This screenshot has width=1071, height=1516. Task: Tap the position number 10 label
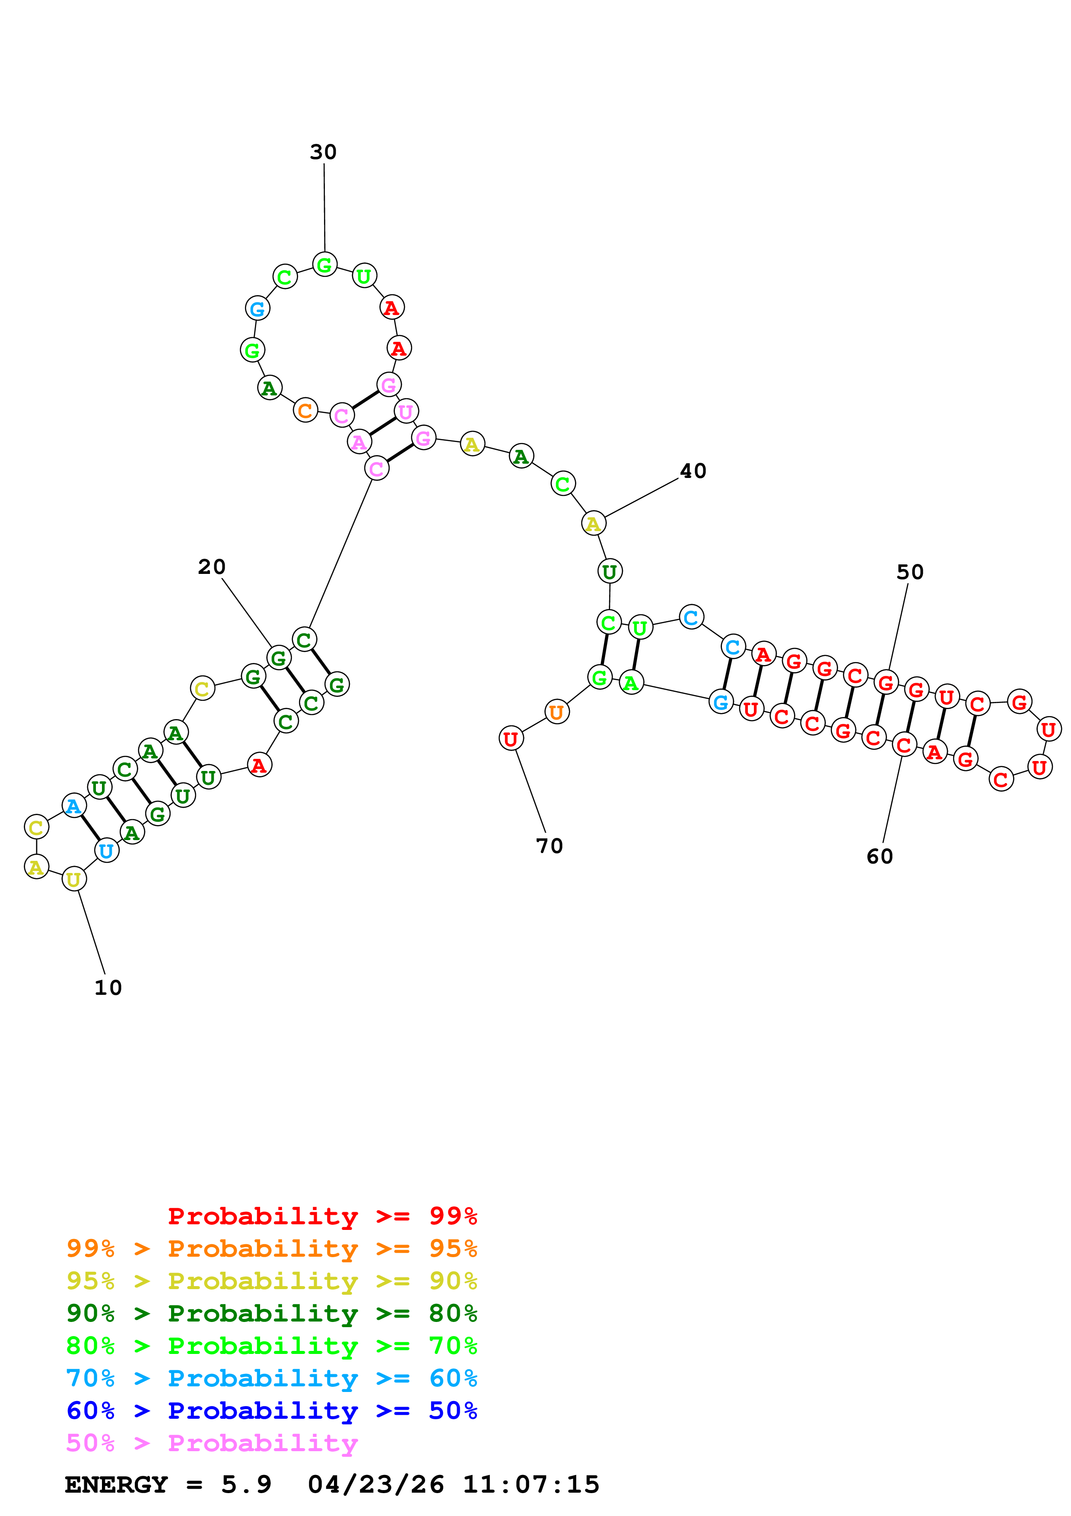coord(108,988)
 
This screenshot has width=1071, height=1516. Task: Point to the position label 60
coord(880,857)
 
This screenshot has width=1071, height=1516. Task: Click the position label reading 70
coord(549,847)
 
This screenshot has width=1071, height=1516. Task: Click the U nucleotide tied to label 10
coord(74,879)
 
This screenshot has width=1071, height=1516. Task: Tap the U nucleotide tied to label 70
coord(511,739)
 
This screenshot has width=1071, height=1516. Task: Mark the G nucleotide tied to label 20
coord(279,658)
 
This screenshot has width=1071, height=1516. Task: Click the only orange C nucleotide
coord(305,410)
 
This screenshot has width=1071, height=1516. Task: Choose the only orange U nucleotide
coord(557,712)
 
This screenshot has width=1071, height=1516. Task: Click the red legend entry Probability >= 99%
coord(322,1216)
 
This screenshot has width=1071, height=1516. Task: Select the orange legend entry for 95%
coord(272,1248)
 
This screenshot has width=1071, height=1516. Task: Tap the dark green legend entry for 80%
coord(272,1313)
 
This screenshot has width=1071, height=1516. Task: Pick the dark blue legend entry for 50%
coord(272,1411)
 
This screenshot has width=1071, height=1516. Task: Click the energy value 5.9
coord(246,1484)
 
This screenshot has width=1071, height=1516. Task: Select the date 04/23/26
coord(375,1484)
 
